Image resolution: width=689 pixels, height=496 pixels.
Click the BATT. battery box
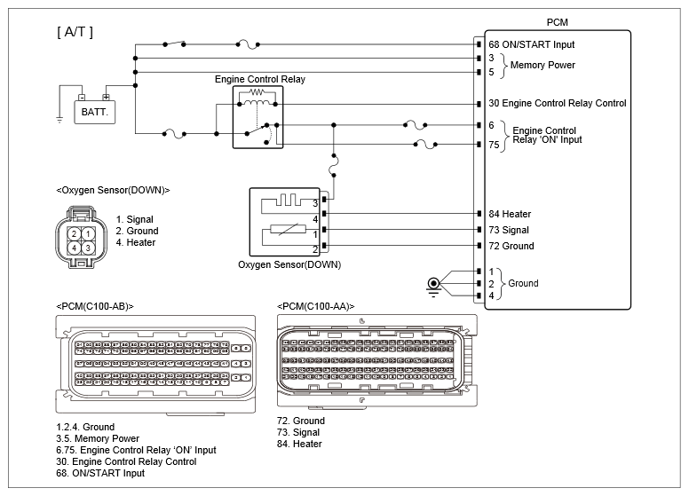(94, 113)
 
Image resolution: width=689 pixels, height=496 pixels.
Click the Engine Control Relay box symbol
(257, 117)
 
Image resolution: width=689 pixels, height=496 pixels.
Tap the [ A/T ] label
(75, 33)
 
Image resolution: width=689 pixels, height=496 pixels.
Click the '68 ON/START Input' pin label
(531, 44)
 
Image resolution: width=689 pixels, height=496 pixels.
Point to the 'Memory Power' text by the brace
(543, 65)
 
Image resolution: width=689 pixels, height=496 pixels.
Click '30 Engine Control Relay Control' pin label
(557, 103)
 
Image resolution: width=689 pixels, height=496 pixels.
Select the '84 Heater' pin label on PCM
(511, 214)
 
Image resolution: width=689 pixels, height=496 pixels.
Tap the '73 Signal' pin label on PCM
(510, 230)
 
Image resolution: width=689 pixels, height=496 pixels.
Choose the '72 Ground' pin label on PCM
(511, 246)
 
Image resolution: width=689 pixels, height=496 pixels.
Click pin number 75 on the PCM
(494, 145)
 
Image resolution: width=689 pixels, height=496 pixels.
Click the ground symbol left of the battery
(59, 119)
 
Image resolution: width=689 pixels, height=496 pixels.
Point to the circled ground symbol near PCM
(434, 285)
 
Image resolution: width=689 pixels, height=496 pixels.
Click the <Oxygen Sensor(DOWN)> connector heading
(112, 190)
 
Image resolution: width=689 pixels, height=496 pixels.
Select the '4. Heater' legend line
(135, 242)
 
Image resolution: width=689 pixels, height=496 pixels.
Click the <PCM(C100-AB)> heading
(94, 306)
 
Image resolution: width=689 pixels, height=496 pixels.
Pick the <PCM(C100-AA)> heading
(317, 306)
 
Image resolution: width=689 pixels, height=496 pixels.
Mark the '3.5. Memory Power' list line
(97, 438)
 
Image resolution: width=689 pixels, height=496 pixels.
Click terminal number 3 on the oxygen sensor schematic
(315, 202)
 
